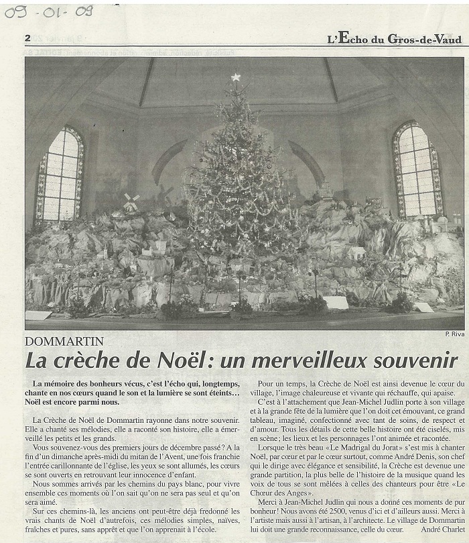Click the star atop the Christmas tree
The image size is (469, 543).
pyautogui.click(x=235, y=77)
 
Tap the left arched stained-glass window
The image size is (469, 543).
pyautogui.click(x=60, y=174)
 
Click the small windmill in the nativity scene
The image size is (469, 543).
pyautogui.click(x=131, y=202)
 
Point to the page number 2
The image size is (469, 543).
pyautogui.click(x=28, y=38)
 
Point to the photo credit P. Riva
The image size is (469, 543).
pyautogui.click(x=454, y=334)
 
